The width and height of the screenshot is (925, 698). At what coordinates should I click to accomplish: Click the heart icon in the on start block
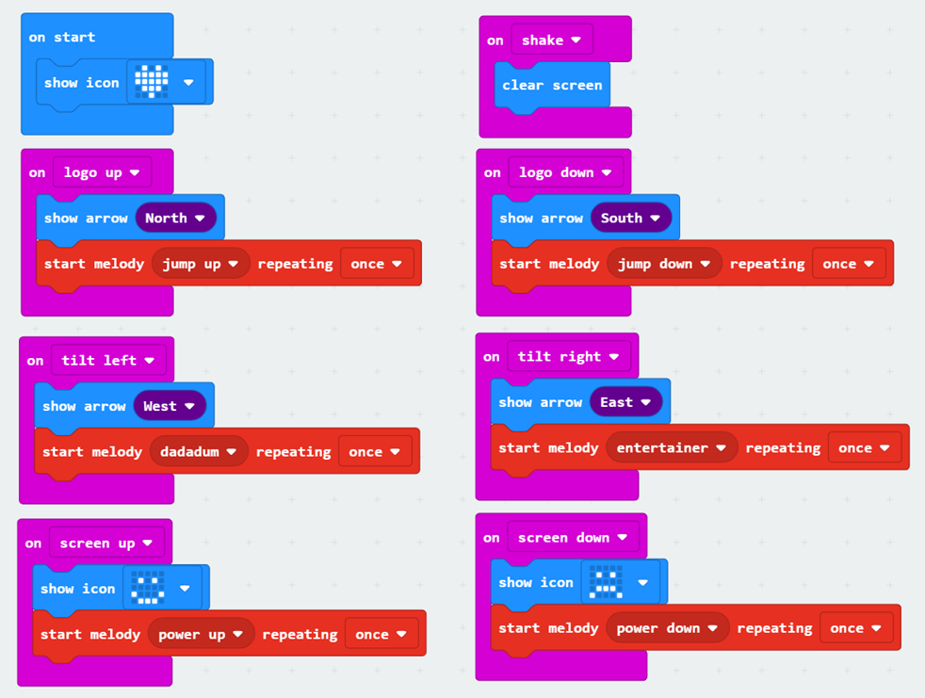pos(152,82)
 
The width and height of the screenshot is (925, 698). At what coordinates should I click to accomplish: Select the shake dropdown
pos(551,41)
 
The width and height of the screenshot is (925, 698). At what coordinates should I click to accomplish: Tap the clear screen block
pos(552,85)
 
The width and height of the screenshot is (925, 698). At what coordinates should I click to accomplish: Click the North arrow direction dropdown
pos(175,218)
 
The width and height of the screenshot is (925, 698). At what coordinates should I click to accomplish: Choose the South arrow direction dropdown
pos(631,218)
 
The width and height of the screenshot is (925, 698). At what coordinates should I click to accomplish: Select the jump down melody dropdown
pos(664,264)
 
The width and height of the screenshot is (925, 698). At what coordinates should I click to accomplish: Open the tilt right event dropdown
pos(568,356)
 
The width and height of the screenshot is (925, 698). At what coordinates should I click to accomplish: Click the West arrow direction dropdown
pos(170,406)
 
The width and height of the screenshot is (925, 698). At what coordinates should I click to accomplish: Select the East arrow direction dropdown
pos(626,402)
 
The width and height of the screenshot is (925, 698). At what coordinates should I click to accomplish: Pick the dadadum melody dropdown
pos(198,452)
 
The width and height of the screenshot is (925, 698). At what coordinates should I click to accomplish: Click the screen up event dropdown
pos(106,544)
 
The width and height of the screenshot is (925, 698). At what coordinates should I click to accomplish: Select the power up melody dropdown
pos(201,635)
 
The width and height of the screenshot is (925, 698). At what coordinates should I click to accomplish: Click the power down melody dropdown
pos(668,628)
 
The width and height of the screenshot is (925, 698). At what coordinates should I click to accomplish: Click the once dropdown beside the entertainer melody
pos(864,448)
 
